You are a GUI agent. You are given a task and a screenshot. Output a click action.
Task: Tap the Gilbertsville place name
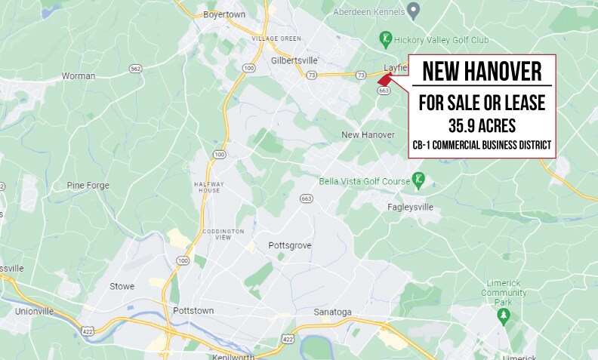[x=294, y=60]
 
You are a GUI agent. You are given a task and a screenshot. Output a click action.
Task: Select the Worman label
[x=79, y=76]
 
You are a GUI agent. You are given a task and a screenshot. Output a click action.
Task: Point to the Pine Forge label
[x=88, y=186]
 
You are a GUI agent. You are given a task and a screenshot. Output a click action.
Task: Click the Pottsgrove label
[x=290, y=246]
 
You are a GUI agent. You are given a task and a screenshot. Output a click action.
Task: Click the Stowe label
[x=122, y=287]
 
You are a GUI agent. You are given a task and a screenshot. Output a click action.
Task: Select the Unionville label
[x=34, y=311]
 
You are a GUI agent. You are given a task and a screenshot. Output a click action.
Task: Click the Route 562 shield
[x=136, y=69]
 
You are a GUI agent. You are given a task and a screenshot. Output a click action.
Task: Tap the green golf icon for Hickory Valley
[x=386, y=38]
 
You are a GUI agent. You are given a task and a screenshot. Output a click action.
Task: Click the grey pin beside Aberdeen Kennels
[x=413, y=10]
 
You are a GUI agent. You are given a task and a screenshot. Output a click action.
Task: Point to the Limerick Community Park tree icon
[x=503, y=318]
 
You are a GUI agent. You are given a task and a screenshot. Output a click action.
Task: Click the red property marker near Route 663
[x=384, y=78]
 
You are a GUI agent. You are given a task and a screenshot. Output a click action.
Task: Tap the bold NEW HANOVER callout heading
[x=482, y=72]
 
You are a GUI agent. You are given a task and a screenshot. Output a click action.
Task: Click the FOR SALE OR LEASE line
[x=482, y=102]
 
